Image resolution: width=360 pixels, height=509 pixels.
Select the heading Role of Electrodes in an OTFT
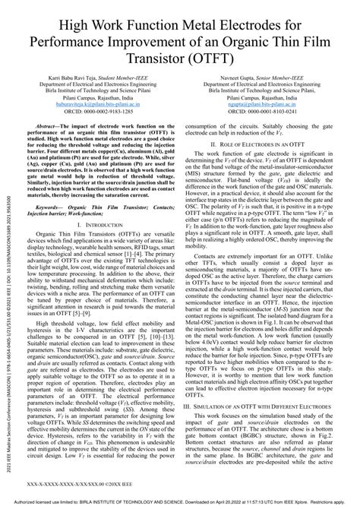tap(267, 165)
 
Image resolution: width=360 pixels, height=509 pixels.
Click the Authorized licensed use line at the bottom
tap(180, 503)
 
